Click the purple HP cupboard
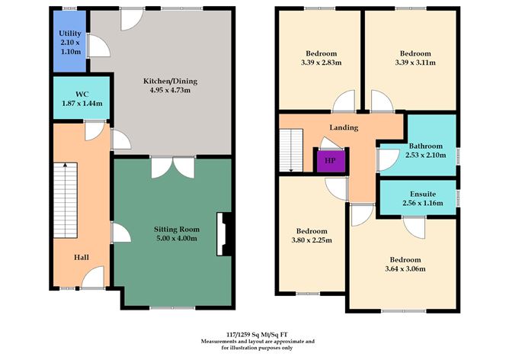[x=330, y=161]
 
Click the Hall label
[x=82, y=258]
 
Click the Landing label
[x=343, y=127]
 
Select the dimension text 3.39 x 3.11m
[x=415, y=63]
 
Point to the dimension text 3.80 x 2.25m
[x=312, y=241]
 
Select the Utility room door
[x=95, y=47]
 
